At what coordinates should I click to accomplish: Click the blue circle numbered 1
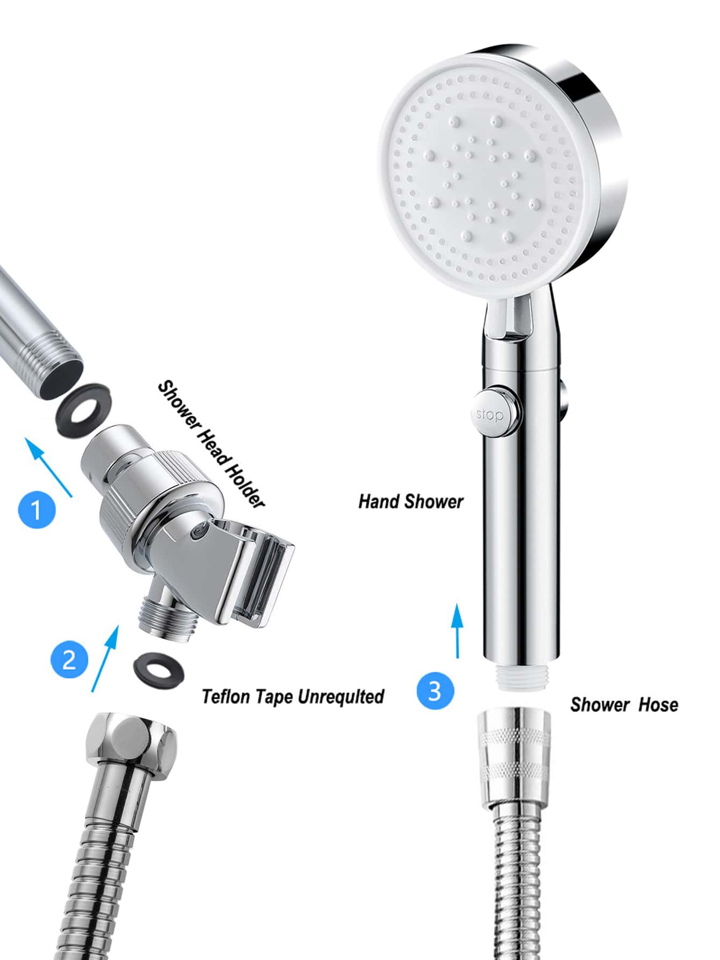point(37,509)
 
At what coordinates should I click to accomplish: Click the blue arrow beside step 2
point(105,657)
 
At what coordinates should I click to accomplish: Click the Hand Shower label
point(411,501)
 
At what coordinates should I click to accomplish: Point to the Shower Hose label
point(624,705)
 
